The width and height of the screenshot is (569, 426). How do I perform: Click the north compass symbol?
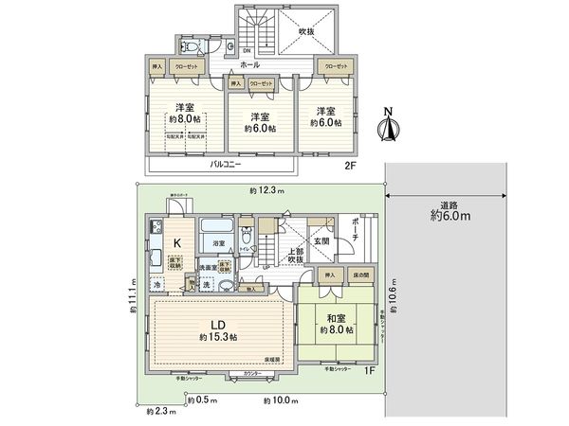pyautogui.click(x=386, y=126)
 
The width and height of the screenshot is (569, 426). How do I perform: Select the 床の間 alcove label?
pyautogui.click(x=358, y=275)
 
